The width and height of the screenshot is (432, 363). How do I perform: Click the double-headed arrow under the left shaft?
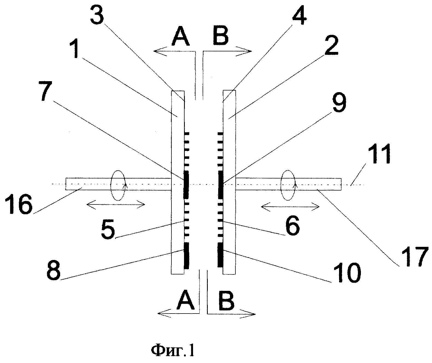[x=116, y=205]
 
